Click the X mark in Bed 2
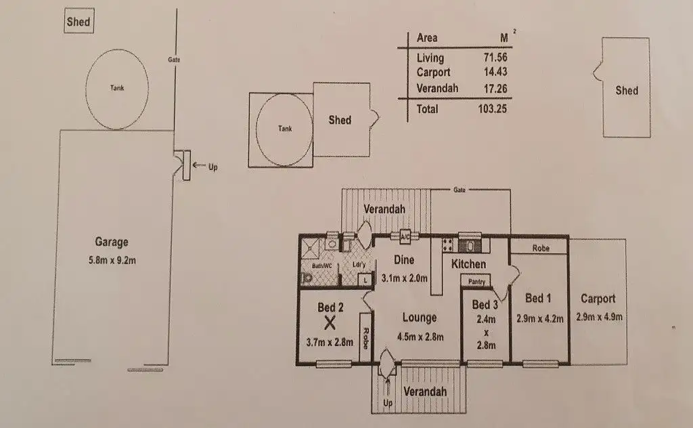pyautogui.click(x=330, y=323)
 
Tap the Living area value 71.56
pyautogui.click(x=495, y=57)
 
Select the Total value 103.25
pyautogui.click(x=493, y=109)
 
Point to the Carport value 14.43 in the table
pyautogui.click(x=495, y=72)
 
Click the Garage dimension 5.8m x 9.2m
pyautogui.click(x=112, y=260)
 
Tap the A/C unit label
pyautogui.click(x=405, y=237)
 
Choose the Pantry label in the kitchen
pyautogui.click(x=476, y=281)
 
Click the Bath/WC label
pyautogui.click(x=321, y=266)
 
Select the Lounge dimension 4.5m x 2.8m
pyautogui.click(x=420, y=337)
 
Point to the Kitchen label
pyautogui.click(x=468, y=264)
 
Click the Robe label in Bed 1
pyautogui.click(x=541, y=248)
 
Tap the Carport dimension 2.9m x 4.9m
pyautogui.click(x=600, y=317)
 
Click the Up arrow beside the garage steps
pyautogui.click(x=200, y=166)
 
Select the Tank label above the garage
pyautogui.click(x=117, y=88)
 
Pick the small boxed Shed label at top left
pyautogui.click(x=79, y=22)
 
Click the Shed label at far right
pyautogui.click(x=627, y=91)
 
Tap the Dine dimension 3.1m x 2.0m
pyautogui.click(x=405, y=278)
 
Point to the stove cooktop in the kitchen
pyautogui.click(x=447, y=245)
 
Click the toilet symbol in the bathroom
pyautogui.click(x=306, y=278)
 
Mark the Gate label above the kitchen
pyautogui.click(x=460, y=190)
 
